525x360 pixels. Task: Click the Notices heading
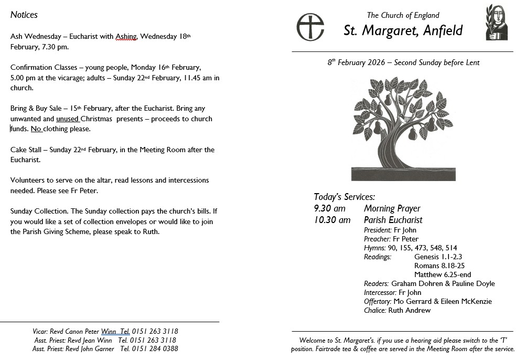point(24,15)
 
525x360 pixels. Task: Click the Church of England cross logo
point(310,27)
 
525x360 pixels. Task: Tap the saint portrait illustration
point(496,23)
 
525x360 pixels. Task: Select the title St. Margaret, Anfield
point(403,30)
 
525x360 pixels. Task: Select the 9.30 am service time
point(330,209)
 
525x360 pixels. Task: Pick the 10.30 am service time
point(332,220)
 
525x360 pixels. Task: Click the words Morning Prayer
point(392,209)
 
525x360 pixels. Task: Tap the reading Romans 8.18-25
point(432,266)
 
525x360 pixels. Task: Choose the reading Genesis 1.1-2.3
point(438,257)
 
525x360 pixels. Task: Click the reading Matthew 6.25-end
point(442,274)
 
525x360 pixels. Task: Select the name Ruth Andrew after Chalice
point(409,310)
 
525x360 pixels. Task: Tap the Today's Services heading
point(344,197)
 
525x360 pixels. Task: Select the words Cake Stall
point(27,150)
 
